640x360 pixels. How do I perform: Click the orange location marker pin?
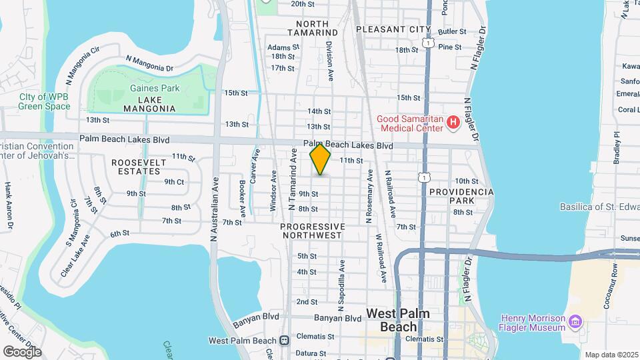click(321, 159)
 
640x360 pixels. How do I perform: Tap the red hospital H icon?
click(453, 122)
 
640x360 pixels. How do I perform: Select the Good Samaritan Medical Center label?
click(410, 123)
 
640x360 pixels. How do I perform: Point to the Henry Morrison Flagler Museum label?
click(533, 323)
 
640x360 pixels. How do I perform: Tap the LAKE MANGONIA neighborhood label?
click(149, 108)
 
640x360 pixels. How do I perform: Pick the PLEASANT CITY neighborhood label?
click(393, 29)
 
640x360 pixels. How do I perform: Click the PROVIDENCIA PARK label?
click(461, 196)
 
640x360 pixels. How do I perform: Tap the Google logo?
click(22, 351)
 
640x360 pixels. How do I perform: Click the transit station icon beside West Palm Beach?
click(285, 340)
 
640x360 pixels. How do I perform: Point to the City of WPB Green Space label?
click(44, 101)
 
